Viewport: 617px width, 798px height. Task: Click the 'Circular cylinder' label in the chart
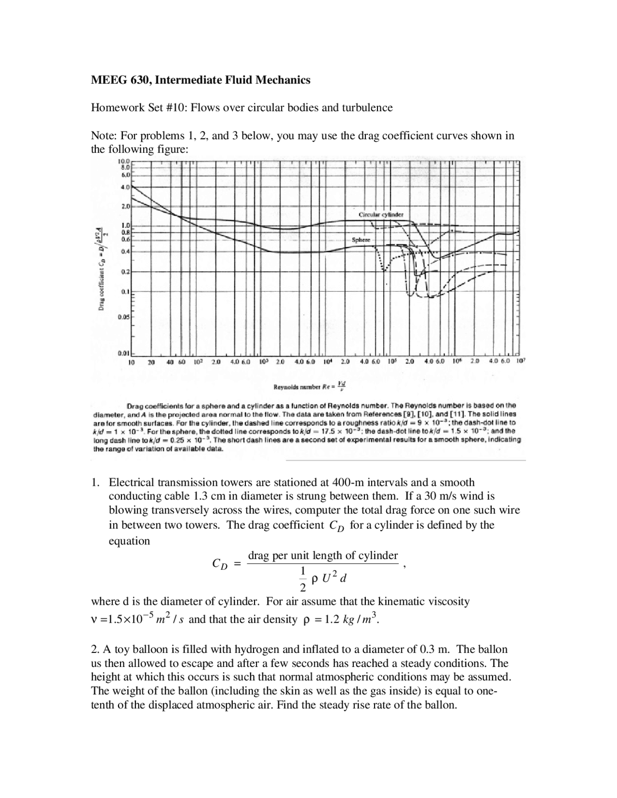pyautogui.click(x=381, y=214)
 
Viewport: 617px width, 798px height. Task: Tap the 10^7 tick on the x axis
pyautogui.click(x=521, y=361)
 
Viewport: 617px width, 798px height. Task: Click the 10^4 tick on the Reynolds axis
pyautogui.click(x=327, y=361)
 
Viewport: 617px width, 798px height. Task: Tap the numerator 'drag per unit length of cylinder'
pyautogui.click(x=322, y=556)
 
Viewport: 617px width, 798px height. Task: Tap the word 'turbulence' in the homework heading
pyautogui.click(x=367, y=107)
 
